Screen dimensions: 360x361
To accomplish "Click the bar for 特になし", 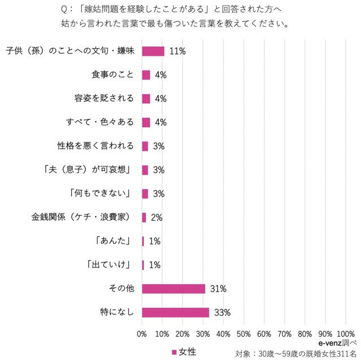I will point(175,312).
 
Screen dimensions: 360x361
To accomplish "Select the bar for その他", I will point(173,288).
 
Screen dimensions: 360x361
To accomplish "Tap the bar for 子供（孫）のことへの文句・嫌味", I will point(153,51).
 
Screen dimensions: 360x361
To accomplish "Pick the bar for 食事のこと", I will point(146,75).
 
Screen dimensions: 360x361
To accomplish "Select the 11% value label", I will point(178,51).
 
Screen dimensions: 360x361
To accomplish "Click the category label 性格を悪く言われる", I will point(95,146).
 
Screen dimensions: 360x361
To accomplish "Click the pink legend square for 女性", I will point(174,352).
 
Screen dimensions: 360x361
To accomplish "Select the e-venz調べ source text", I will point(337,341).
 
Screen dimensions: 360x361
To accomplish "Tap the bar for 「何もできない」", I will point(145,194).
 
